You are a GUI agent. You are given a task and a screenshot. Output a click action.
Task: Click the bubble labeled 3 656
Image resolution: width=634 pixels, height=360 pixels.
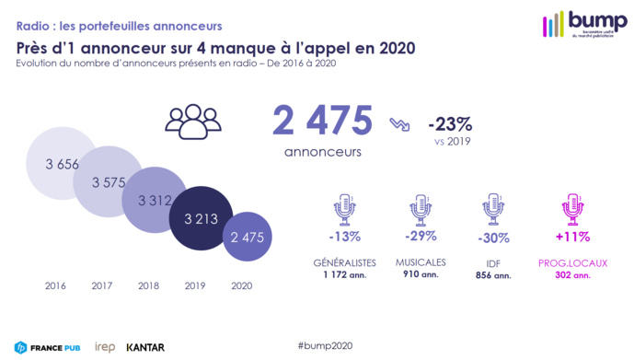coord(63,164)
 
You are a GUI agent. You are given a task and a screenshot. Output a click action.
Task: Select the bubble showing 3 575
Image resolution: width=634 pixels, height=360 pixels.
coord(110,182)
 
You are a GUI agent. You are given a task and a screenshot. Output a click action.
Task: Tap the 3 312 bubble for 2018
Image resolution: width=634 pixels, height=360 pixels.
coord(155,200)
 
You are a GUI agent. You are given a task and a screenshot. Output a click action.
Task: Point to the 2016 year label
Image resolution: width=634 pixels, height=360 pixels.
coord(56,285)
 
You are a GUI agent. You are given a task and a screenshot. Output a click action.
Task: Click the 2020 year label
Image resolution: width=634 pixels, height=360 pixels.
coord(240,285)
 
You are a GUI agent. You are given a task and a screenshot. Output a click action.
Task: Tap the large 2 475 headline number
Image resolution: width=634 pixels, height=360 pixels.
coord(322,122)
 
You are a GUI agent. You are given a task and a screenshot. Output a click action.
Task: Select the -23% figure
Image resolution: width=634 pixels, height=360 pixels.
coord(450,123)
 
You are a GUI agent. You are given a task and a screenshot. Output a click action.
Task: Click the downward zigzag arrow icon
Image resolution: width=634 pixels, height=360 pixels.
coord(399,124)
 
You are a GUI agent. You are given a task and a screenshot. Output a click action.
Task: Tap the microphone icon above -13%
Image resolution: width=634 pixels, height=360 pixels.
coord(345,209)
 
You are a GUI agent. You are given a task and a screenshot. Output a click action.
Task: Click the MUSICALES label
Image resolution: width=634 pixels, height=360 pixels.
coord(422,262)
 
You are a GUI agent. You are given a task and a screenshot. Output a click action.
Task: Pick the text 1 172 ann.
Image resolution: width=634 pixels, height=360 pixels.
coord(345,273)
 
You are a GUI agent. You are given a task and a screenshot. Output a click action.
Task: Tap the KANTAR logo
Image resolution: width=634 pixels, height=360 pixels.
coord(145,347)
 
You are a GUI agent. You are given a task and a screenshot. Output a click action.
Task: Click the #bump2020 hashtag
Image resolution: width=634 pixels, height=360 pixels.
coord(325,344)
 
